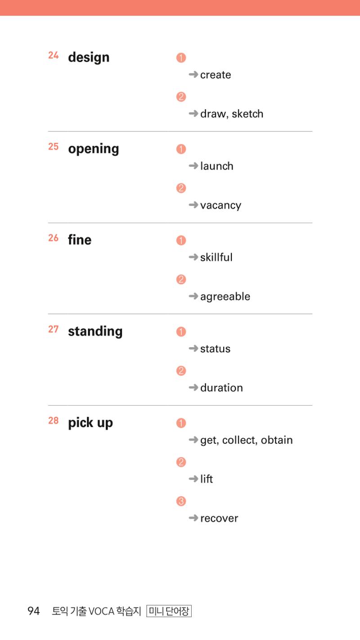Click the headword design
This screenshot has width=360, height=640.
click(89, 58)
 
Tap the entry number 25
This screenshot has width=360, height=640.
click(53, 147)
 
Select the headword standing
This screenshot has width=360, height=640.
click(95, 332)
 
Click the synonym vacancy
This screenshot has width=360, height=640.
click(221, 206)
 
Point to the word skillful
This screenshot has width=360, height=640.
click(216, 257)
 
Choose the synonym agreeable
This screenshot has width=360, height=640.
click(225, 296)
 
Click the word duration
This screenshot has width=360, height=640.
click(221, 388)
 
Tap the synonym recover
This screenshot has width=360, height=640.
click(219, 518)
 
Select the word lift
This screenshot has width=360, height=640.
click(207, 479)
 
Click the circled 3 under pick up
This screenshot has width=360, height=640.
click(181, 501)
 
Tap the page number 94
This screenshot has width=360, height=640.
click(33, 611)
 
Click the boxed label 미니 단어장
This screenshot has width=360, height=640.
click(169, 611)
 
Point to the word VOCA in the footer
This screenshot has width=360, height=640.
click(101, 611)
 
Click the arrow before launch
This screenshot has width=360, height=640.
click(193, 166)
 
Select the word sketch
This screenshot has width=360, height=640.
click(247, 114)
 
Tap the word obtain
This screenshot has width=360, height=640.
click(277, 440)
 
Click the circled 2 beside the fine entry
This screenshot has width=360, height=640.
click(181, 279)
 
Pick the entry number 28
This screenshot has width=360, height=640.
click(53, 421)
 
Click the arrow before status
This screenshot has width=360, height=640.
click(193, 348)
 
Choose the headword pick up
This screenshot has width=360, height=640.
click(90, 423)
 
